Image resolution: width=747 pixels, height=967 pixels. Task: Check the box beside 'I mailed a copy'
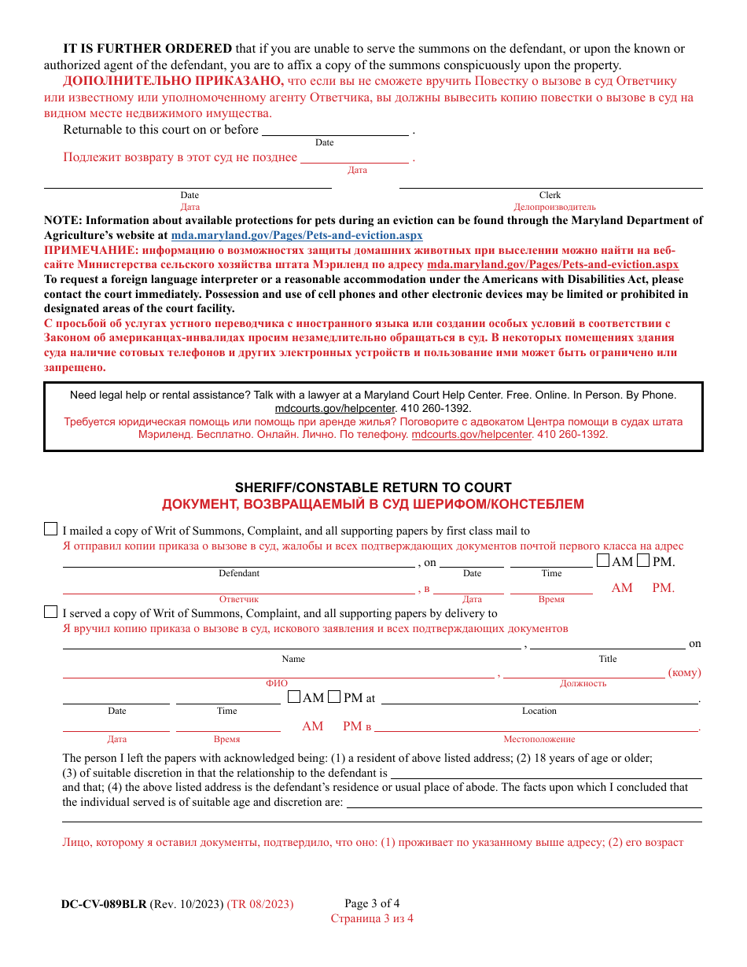(50, 529)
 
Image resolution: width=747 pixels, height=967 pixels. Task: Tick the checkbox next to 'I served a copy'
(50, 612)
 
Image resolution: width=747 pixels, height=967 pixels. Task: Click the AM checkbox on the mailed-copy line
(603, 561)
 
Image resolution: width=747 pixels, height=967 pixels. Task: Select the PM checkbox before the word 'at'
(334, 697)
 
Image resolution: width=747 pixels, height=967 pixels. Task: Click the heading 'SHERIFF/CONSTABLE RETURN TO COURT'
(373, 487)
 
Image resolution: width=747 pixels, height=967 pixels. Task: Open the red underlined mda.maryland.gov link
(552, 265)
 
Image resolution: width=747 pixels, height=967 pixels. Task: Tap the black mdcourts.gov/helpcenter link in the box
(336, 409)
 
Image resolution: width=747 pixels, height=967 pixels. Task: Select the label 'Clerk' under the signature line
(550, 195)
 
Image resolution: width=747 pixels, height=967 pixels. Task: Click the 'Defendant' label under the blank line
(239, 573)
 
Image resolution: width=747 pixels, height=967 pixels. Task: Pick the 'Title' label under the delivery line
(608, 659)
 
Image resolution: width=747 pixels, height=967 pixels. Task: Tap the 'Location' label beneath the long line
(539, 711)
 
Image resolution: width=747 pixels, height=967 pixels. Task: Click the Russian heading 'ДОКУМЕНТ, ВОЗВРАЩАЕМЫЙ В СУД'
(373, 504)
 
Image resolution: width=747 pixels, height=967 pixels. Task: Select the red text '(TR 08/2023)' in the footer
(260, 904)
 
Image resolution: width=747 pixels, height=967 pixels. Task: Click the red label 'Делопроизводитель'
(550, 207)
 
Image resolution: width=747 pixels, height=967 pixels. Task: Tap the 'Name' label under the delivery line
(293, 659)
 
